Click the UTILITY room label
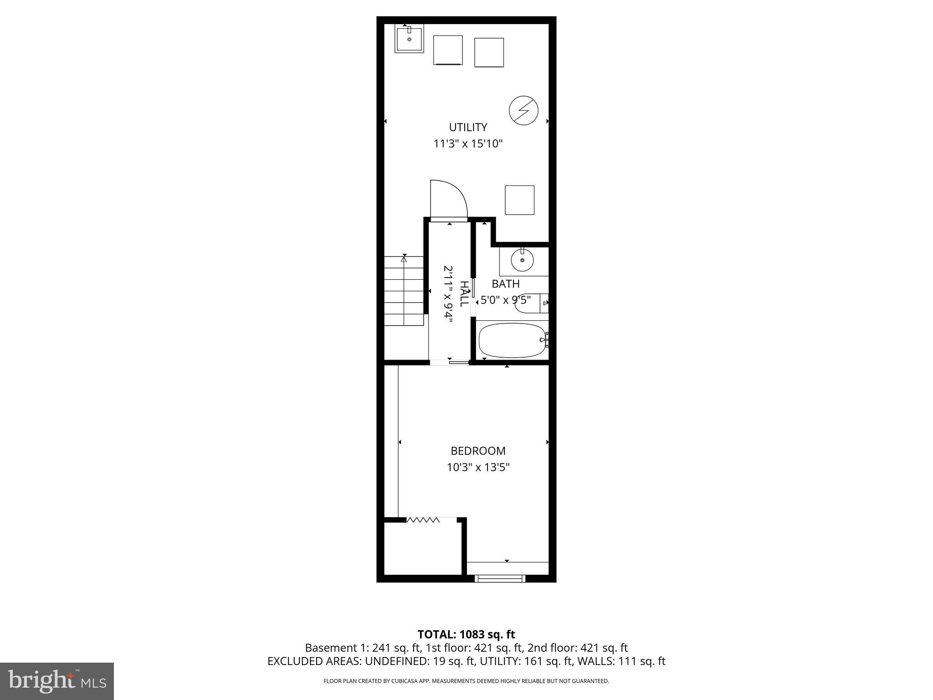coord(468,127)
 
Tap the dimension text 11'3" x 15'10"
coord(468,144)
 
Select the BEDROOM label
coord(478,451)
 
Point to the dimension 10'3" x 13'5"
coord(478,467)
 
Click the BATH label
coord(506,284)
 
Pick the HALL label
coord(464,294)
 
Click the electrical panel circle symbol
coord(523,110)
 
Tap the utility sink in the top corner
coord(409,38)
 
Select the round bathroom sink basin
coord(522,261)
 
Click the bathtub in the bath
coord(512,340)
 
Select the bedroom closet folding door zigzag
coord(423,520)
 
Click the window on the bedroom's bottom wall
coord(500,578)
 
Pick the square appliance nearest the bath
coord(519,200)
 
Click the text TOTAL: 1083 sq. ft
coord(466,634)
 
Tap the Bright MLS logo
coord(57,681)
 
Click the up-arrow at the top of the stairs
coord(404,259)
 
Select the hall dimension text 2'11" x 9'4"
coord(448,294)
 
